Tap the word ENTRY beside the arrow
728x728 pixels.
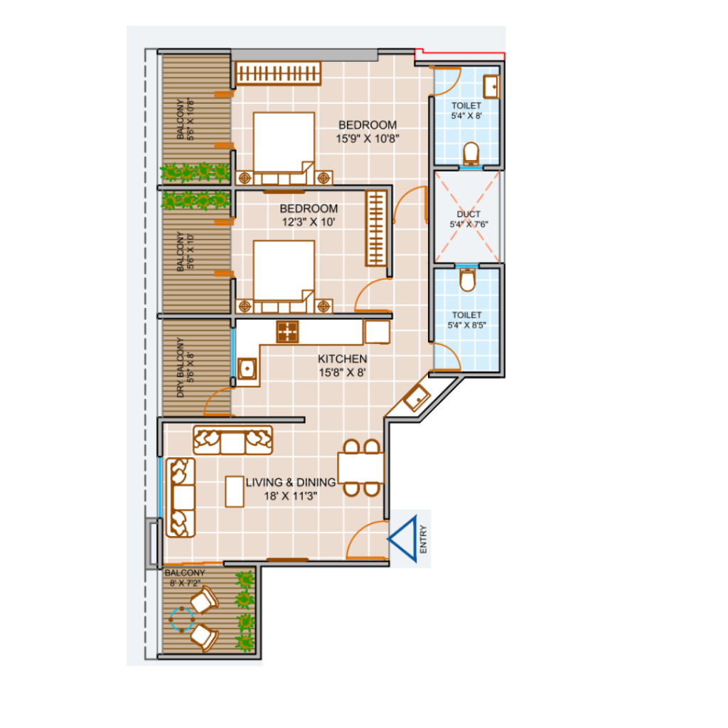tap(423, 539)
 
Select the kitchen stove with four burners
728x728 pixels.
tap(287, 332)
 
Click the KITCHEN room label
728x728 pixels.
tap(342, 359)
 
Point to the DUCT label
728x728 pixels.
tap(469, 214)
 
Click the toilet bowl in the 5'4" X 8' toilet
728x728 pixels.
tap(471, 154)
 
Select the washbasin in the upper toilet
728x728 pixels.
tap(491, 86)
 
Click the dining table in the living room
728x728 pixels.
tap(360, 468)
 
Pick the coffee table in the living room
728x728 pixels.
tap(235, 491)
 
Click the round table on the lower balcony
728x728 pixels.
tap(181, 619)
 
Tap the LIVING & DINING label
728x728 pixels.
tap(291, 483)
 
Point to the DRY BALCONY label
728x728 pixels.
tap(180, 368)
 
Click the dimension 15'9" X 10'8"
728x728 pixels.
tap(368, 139)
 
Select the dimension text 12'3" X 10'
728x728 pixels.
tap(309, 222)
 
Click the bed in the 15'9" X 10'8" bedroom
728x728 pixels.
tap(284, 148)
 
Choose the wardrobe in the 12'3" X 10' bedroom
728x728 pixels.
tap(376, 228)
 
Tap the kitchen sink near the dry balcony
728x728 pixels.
tap(247, 369)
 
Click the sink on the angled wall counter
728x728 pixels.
tap(417, 398)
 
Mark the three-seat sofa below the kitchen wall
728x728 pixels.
tap(232, 439)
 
